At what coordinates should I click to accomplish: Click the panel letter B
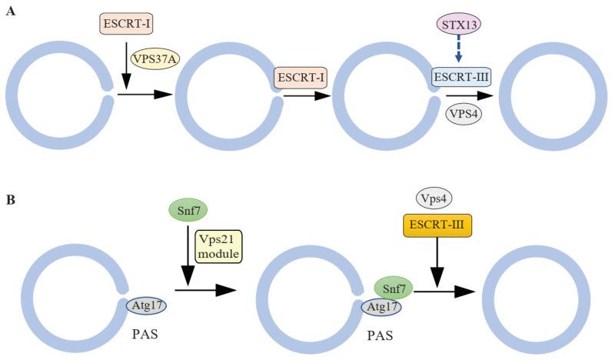click(x=10, y=201)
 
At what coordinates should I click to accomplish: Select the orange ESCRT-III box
click(x=436, y=225)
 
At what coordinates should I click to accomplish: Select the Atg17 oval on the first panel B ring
click(x=146, y=307)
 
